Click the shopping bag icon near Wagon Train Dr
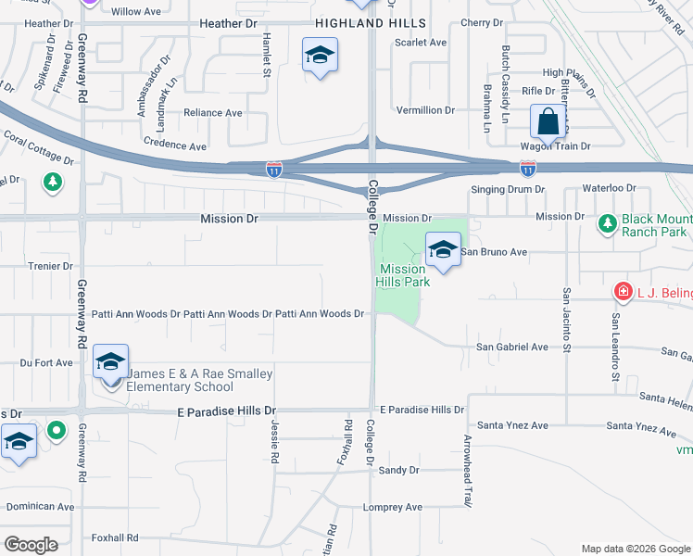pyautogui.click(x=548, y=121)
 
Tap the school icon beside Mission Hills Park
pyautogui.click(x=444, y=248)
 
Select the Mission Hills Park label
pyautogui.click(x=403, y=275)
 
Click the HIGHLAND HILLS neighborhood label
pyautogui.click(x=371, y=22)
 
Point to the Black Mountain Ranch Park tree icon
pyautogui.click(x=608, y=223)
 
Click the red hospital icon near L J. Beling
pyautogui.click(x=624, y=292)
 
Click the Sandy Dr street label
pyautogui.click(x=399, y=470)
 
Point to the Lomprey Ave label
pyautogui.click(x=393, y=507)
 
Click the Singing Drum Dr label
pyautogui.click(x=509, y=189)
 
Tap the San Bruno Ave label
pyautogui.click(x=494, y=251)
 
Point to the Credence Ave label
pyautogui.click(x=175, y=145)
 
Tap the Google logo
pyautogui.click(x=31, y=544)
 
